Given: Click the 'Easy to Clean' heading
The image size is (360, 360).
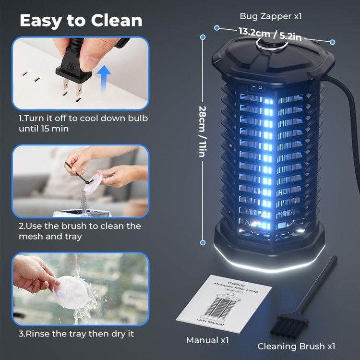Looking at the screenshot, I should point(81,20).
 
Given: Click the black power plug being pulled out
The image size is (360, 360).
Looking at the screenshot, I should point(75,70).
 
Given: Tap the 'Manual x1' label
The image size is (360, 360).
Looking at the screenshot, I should point(207,340).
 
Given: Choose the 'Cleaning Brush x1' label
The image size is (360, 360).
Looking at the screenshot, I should point(296,346).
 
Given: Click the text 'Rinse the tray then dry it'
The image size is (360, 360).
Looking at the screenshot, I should point(76,333).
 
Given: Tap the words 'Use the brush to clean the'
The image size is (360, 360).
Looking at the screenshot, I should point(79,226).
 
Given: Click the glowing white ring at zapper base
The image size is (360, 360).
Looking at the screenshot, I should point(269,262).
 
